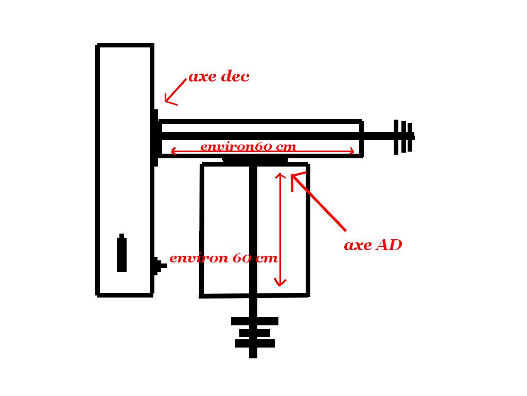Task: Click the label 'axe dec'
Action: tap(219, 77)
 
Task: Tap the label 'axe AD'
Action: tap(373, 245)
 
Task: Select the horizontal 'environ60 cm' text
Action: tap(248, 146)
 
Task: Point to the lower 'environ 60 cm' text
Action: tap(223, 258)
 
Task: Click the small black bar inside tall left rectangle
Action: tap(121, 254)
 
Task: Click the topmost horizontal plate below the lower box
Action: tap(254, 321)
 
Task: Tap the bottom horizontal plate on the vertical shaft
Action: tap(255, 343)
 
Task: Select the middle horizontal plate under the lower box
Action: tap(254, 333)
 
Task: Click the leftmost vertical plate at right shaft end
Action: tap(396, 137)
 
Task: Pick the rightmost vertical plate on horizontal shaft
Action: tap(410, 137)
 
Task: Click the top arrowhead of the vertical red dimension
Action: tap(280, 175)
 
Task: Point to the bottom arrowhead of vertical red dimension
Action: tap(280, 284)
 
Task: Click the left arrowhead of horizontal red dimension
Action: tap(172, 151)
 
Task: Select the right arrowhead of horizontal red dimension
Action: tap(353, 151)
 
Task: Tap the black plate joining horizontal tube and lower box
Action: tap(255, 160)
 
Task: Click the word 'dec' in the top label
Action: tap(234, 77)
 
